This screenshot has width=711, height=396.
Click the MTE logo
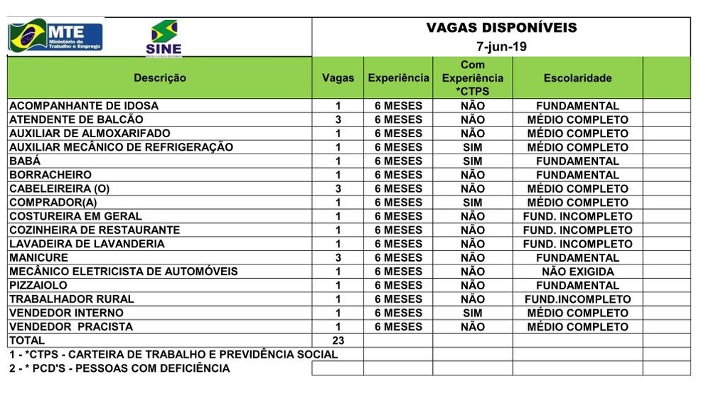(55, 36)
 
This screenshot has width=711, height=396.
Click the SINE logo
(164, 38)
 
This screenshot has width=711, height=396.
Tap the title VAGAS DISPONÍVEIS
(501, 28)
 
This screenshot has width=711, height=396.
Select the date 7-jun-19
(501, 47)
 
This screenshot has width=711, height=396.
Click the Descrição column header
(160, 78)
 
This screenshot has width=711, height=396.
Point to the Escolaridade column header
(577, 78)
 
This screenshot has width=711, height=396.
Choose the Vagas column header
(338, 78)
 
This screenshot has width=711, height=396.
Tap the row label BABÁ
(26, 161)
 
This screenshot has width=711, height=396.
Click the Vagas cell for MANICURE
(338, 257)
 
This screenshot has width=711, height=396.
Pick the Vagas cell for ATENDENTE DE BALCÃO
(338, 119)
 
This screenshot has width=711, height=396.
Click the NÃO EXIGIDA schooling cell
(577, 272)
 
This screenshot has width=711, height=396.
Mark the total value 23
(338, 341)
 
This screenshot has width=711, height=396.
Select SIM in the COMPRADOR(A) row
(472, 203)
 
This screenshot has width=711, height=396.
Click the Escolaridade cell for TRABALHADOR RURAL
(577, 299)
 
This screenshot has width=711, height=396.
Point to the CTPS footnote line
(173, 354)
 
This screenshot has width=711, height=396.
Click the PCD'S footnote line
(119, 368)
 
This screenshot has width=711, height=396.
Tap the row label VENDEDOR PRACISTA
(71, 327)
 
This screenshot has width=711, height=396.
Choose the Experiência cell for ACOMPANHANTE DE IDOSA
(398, 106)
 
